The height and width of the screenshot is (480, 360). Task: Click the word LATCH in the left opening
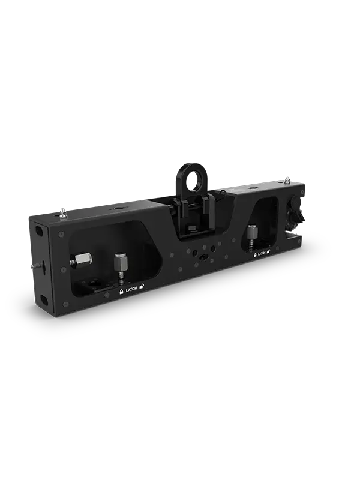click(130, 290)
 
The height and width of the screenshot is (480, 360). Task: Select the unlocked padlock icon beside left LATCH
click(141, 289)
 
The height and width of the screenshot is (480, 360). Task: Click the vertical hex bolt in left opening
click(119, 263)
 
